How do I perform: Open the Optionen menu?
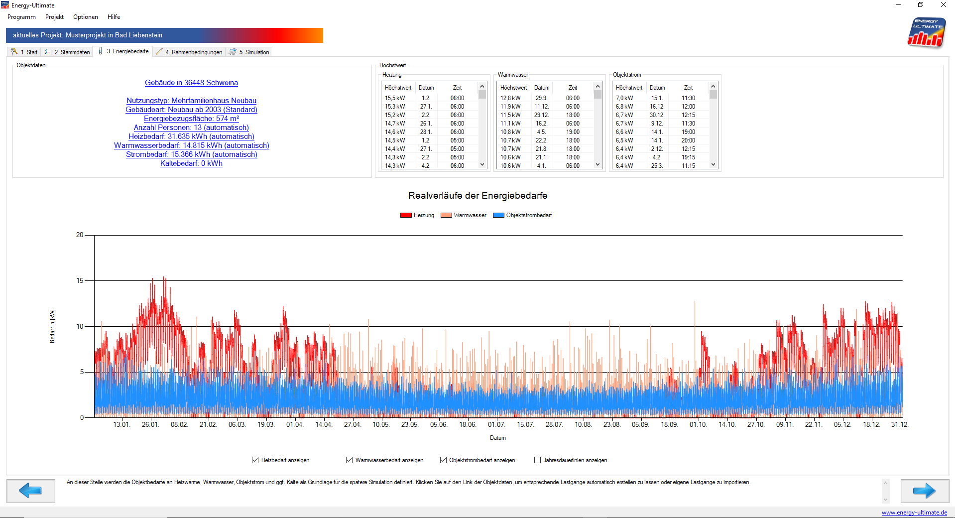pyautogui.click(x=85, y=17)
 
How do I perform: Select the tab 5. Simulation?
pyautogui.click(x=250, y=52)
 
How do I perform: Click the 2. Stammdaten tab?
pyautogui.click(x=67, y=52)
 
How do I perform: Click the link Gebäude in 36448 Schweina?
pyautogui.click(x=191, y=83)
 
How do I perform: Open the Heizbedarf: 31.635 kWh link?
pyautogui.click(x=191, y=136)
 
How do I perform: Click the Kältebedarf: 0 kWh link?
pyautogui.click(x=191, y=163)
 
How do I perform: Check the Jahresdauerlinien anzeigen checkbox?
pyautogui.click(x=537, y=460)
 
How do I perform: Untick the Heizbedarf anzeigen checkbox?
pyautogui.click(x=255, y=460)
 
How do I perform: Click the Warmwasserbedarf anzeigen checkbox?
pyautogui.click(x=350, y=460)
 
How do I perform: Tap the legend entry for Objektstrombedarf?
pyautogui.click(x=522, y=215)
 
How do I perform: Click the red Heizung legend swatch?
pyautogui.click(x=406, y=215)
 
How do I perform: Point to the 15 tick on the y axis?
pyautogui.click(x=80, y=281)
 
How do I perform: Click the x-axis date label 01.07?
pyautogui.click(x=496, y=425)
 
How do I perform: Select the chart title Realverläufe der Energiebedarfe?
pyautogui.click(x=477, y=196)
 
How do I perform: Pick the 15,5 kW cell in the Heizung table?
pyautogui.click(x=395, y=98)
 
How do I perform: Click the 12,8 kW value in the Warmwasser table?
pyautogui.click(x=510, y=98)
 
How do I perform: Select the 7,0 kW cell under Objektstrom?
pyautogui.click(x=624, y=98)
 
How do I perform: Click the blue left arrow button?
pyautogui.click(x=31, y=491)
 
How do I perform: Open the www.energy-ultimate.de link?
pyautogui.click(x=914, y=513)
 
